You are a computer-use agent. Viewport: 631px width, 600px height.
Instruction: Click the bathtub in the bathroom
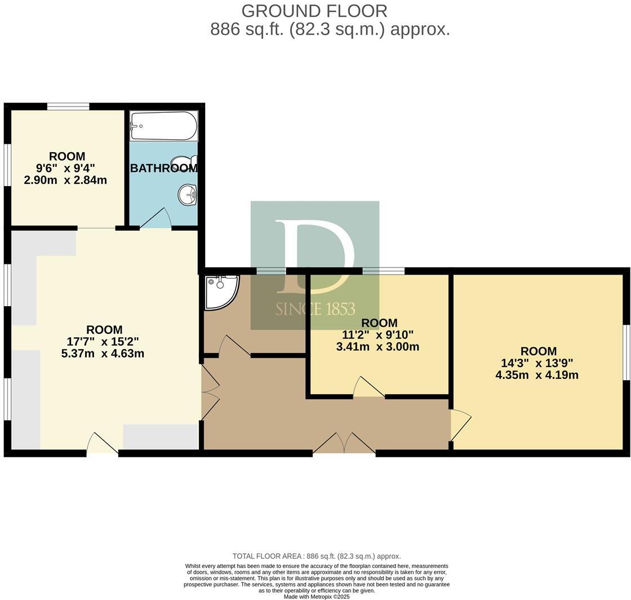tap(163, 126)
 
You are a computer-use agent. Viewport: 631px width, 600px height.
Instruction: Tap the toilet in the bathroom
tap(185, 164)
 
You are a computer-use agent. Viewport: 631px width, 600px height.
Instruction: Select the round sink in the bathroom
tap(187, 195)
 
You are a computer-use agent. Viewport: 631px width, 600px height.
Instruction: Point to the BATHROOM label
tap(163, 168)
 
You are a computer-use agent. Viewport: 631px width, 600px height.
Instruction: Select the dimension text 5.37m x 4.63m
tap(103, 354)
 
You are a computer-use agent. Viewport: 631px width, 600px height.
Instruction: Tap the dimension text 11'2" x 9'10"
tap(379, 334)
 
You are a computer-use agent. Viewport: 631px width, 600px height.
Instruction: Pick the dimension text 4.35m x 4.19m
tap(536, 374)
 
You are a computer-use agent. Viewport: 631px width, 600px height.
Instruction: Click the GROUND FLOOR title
tap(314, 11)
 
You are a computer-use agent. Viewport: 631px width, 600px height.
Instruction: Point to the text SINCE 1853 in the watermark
tap(315, 309)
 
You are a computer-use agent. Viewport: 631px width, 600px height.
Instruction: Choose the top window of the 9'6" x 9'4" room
tap(68, 106)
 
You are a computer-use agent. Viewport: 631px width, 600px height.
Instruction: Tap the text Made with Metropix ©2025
tap(317, 596)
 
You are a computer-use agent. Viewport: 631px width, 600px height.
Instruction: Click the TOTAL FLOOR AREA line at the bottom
tap(317, 556)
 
